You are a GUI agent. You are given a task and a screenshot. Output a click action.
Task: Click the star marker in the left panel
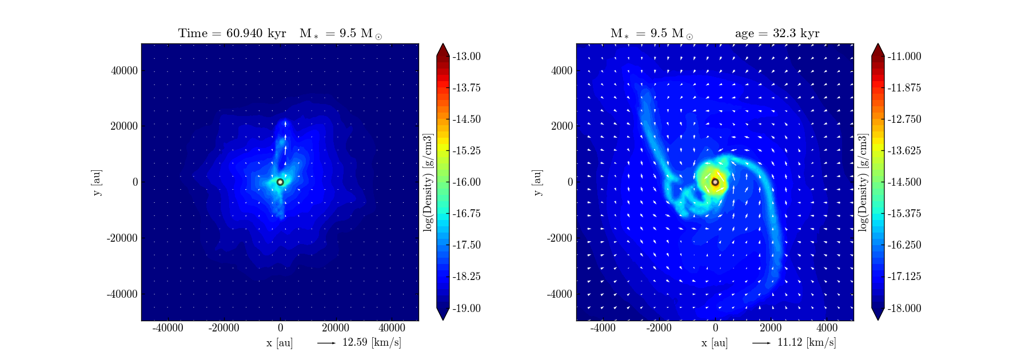(x=280, y=182)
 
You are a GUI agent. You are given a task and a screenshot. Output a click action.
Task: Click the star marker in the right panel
(x=715, y=182)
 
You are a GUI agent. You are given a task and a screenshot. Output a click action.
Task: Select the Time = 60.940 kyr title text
(x=232, y=33)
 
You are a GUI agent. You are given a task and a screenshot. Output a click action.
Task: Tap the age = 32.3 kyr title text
(x=777, y=33)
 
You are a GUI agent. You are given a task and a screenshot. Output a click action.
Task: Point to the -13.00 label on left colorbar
(x=466, y=56)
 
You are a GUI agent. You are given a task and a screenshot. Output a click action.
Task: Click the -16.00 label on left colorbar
(x=466, y=182)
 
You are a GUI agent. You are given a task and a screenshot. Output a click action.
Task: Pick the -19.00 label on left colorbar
(x=466, y=308)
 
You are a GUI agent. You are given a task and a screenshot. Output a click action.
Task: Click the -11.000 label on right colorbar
(x=904, y=56)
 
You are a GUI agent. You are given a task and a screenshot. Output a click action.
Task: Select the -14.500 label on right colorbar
(x=904, y=182)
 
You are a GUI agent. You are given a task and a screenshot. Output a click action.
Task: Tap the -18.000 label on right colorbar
(x=904, y=308)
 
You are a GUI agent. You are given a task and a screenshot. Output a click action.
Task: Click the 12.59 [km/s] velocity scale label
(x=372, y=342)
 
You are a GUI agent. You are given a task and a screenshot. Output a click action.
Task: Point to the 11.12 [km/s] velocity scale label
(x=807, y=342)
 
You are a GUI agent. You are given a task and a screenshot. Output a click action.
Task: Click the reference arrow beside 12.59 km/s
(x=326, y=343)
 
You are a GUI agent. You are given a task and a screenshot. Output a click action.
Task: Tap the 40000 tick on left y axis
(x=124, y=70)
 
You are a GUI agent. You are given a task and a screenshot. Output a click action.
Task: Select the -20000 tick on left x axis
(x=224, y=327)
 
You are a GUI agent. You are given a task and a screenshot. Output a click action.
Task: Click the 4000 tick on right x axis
(x=827, y=327)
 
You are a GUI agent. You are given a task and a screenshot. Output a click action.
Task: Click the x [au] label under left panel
(x=280, y=343)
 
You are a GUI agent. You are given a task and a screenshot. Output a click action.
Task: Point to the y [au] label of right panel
(x=537, y=182)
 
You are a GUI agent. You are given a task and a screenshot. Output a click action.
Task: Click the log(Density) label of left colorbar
(x=428, y=182)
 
